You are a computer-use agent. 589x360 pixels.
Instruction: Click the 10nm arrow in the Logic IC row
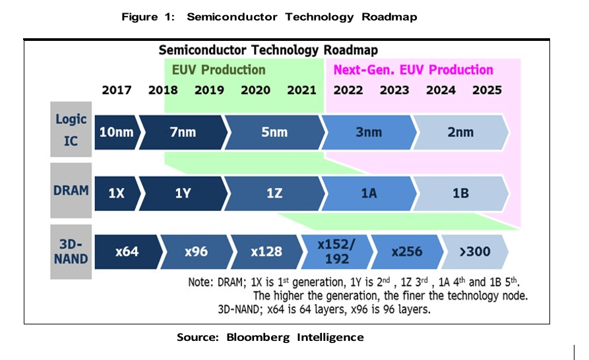click(116, 133)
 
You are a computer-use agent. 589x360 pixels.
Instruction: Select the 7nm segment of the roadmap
click(183, 133)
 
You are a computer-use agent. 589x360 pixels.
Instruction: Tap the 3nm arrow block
click(369, 133)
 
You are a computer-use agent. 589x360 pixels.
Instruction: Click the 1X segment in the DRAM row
click(116, 193)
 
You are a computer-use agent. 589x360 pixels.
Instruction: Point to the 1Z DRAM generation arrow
click(274, 193)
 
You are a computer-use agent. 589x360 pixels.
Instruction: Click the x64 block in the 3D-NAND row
click(127, 251)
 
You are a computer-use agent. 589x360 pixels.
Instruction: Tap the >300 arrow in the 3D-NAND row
click(475, 251)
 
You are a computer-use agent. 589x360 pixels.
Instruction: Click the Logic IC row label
click(71, 130)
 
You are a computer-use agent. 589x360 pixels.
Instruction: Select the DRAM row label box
click(71, 191)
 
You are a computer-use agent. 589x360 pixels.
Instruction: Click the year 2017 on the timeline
click(117, 90)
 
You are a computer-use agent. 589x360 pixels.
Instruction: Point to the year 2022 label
click(348, 90)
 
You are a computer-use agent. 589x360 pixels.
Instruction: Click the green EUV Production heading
click(218, 70)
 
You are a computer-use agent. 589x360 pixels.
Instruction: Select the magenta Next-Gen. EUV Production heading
click(413, 70)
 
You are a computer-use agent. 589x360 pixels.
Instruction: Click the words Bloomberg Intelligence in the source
click(295, 338)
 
